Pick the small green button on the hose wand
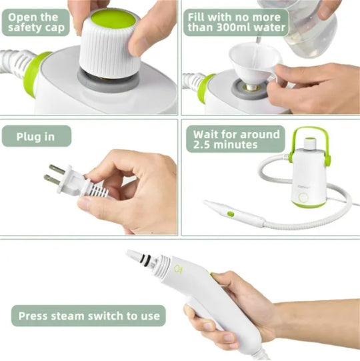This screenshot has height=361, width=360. [x=231, y=214]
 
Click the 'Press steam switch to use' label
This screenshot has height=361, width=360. [x=88, y=316]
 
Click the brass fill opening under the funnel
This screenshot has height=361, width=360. [x=252, y=87]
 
